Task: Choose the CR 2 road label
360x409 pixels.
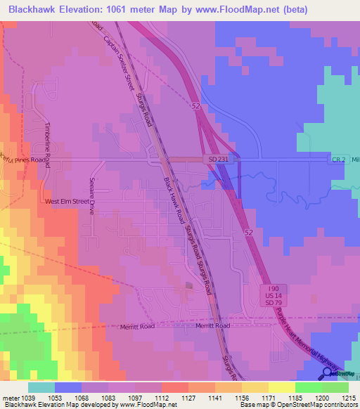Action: (x=338, y=160)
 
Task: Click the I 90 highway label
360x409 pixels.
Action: (x=274, y=289)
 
